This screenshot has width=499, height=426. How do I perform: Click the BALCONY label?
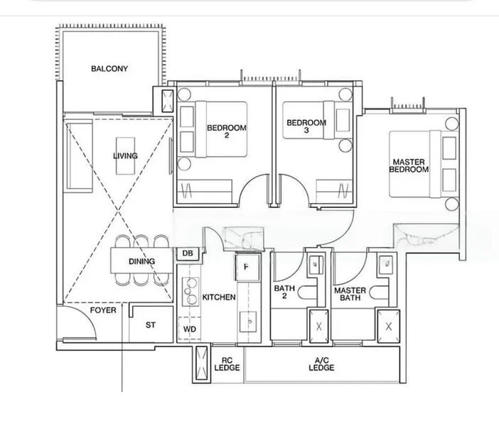(109, 69)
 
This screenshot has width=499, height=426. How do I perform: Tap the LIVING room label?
(125, 155)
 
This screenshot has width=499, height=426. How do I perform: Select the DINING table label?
(142, 261)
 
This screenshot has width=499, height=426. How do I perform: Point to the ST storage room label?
(150, 324)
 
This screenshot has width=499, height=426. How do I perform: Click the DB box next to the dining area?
(188, 253)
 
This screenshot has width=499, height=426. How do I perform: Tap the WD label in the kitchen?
(189, 329)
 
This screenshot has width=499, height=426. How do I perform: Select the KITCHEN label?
(219, 297)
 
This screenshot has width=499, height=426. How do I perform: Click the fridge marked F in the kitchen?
(246, 268)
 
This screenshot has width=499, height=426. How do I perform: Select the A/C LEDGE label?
(321, 364)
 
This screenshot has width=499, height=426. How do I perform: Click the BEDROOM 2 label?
(226, 131)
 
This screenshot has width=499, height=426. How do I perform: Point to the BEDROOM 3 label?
(306, 126)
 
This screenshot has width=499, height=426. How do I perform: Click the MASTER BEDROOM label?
(410, 166)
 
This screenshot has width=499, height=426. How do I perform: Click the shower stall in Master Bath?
(388, 326)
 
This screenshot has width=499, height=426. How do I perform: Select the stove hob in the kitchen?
(191, 288)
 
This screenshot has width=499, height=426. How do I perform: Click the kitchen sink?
(249, 323)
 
